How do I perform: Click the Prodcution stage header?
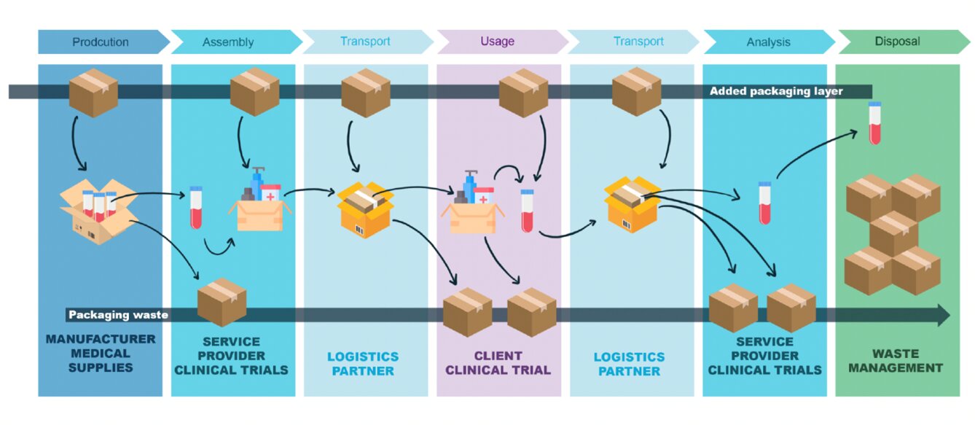(x=100, y=42)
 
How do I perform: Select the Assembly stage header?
(x=228, y=42)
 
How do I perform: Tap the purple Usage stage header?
(x=497, y=42)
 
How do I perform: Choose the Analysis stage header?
(x=768, y=42)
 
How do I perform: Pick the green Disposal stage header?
(x=897, y=42)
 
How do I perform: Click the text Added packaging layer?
(x=776, y=91)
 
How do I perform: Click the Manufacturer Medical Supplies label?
(x=101, y=354)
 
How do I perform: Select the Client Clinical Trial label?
(x=498, y=363)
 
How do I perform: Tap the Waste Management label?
(x=897, y=361)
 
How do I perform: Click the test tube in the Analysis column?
(x=764, y=203)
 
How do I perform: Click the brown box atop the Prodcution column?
(x=93, y=93)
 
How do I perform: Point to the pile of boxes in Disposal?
(x=893, y=233)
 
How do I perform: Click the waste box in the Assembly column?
(x=222, y=302)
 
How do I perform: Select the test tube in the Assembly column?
(x=195, y=208)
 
